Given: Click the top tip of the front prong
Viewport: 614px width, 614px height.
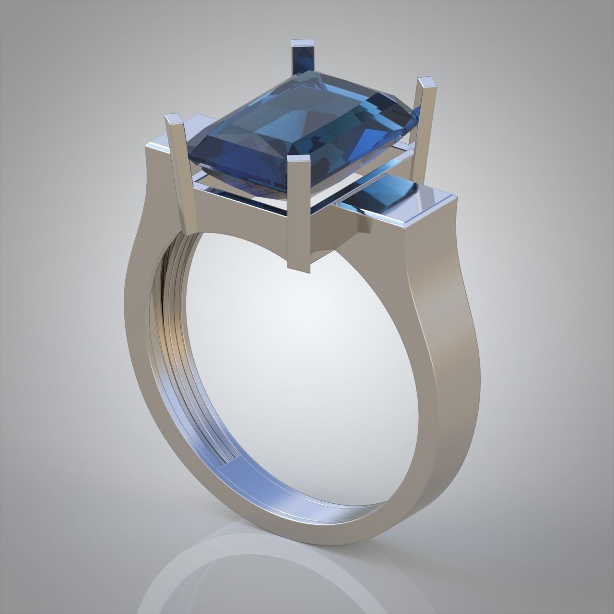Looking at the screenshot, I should tap(300, 161).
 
